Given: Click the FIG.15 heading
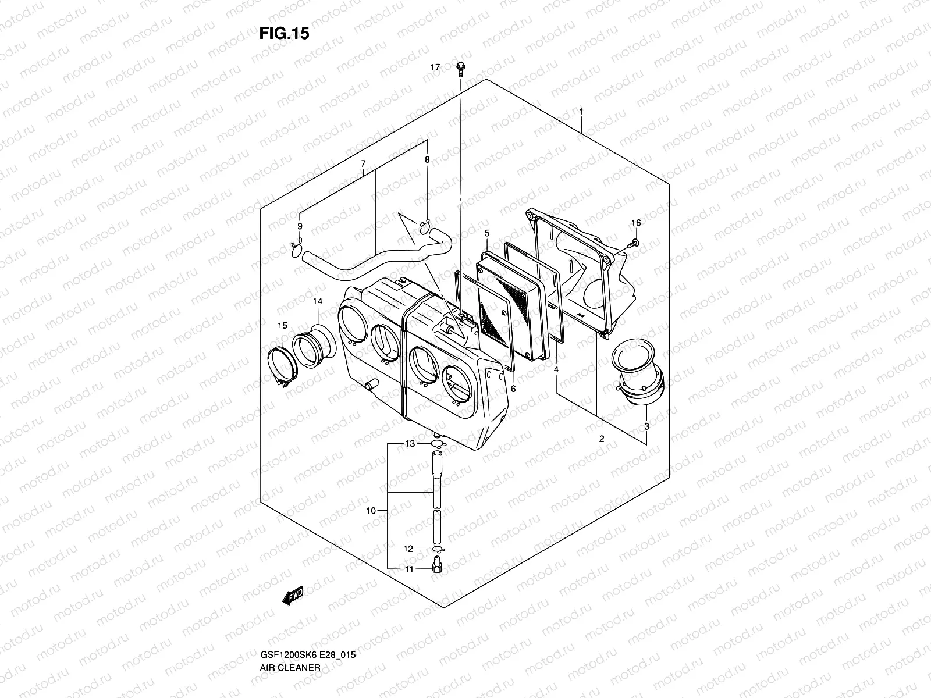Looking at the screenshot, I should (x=284, y=34).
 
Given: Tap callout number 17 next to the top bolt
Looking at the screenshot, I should (x=435, y=68).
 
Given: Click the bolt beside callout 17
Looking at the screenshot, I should (x=460, y=69).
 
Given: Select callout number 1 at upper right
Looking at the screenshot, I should (x=580, y=111).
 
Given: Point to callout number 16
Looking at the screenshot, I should (x=636, y=223).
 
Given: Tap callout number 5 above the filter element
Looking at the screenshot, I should (x=487, y=233).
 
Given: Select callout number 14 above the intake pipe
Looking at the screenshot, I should (x=317, y=301).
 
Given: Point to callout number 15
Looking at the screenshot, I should (x=282, y=325).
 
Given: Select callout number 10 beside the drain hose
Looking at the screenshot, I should (x=371, y=511).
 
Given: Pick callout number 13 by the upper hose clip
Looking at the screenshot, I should (x=410, y=444).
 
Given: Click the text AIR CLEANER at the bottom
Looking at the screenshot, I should (x=289, y=619).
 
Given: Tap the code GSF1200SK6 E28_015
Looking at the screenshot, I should (x=308, y=606).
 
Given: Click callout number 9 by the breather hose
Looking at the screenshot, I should (x=300, y=226).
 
